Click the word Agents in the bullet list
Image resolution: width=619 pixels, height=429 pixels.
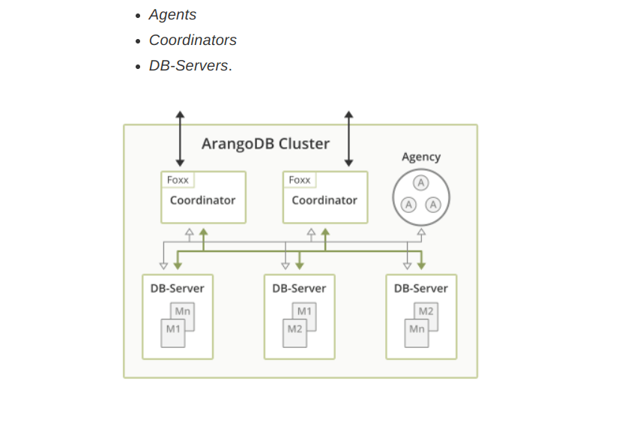tap(172, 15)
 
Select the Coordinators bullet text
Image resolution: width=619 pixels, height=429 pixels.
tap(193, 40)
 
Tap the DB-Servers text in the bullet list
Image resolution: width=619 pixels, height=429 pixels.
tap(188, 66)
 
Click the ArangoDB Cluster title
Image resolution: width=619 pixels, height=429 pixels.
tap(265, 143)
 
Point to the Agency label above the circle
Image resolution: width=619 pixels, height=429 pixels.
tap(421, 157)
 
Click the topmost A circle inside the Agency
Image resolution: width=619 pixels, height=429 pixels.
tap(421, 183)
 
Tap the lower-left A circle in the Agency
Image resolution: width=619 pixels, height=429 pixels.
tap(408, 204)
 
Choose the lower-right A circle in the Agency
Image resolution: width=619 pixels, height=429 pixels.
tap(433, 204)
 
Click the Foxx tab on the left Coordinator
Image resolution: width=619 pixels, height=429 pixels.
tap(178, 180)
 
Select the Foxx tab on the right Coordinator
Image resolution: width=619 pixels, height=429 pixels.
tap(300, 180)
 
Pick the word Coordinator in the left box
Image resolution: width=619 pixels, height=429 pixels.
tap(202, 200)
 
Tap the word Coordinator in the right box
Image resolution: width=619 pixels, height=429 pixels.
tap(324, 200)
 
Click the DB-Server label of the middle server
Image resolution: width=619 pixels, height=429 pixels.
tap(299, 288)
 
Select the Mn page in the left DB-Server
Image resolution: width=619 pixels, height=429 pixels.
tap(183, 311)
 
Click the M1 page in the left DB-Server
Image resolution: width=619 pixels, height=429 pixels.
tap(173, 330)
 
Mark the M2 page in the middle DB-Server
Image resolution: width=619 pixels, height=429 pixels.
tap(295, 330)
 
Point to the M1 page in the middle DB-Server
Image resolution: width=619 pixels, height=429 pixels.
tap(304, 311)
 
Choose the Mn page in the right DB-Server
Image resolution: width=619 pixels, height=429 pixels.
tap(417, 330)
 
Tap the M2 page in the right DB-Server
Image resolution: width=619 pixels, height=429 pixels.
tap(426, 311)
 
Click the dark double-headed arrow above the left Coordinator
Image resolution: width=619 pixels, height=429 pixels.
tap(180, 139)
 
